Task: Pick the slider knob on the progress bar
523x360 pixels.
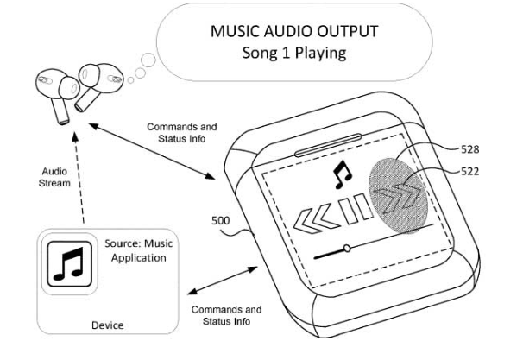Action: [x=346, y=249]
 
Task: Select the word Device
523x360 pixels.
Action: [x=108, y=325]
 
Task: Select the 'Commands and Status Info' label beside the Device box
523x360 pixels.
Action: [x=225, y=315]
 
